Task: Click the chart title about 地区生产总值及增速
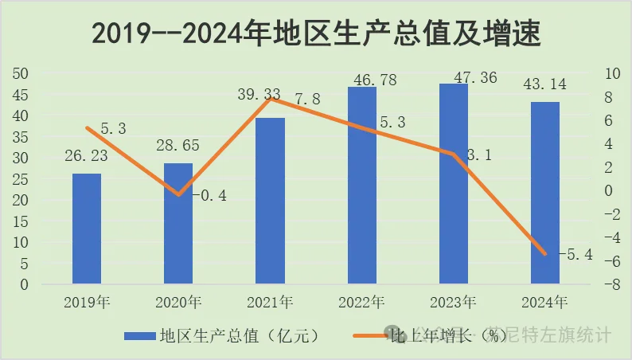click(x=316, y=33)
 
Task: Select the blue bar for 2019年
click(x=87, y=228)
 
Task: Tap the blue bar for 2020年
click(x=178, y=223)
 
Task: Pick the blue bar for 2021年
click(x=270, y=200)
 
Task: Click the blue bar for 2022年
click(x=362, y=185)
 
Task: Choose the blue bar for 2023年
click(x=454, y=183)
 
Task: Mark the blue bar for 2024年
click(x=545, y=192)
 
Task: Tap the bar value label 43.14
click(x=545, y=84)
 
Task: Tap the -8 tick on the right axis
click(x=609, y=284)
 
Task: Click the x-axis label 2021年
click(x=270, y=303)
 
